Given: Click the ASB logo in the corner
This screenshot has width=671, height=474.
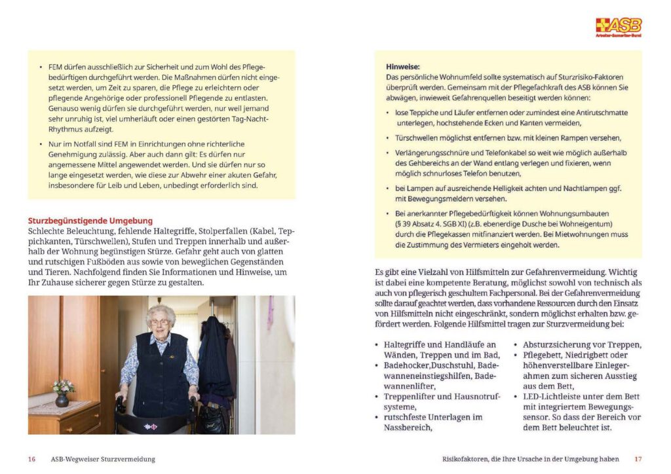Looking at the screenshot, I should click(618, 27).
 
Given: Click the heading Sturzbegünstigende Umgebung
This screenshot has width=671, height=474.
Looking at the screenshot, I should click(90, 221).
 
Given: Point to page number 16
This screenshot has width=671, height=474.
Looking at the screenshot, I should click(31, 459).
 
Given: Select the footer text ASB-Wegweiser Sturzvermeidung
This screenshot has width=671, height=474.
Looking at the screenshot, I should click(103, 459).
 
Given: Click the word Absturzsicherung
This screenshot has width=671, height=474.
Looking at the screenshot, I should click(555, 344).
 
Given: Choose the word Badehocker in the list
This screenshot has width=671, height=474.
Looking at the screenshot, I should click(406, 365).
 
